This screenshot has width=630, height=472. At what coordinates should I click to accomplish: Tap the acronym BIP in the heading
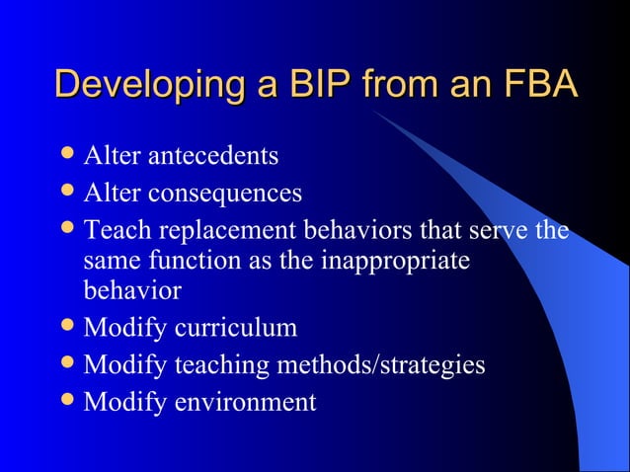(x=311, y=85)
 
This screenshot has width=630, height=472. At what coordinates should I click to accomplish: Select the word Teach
(x=112, y=230)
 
